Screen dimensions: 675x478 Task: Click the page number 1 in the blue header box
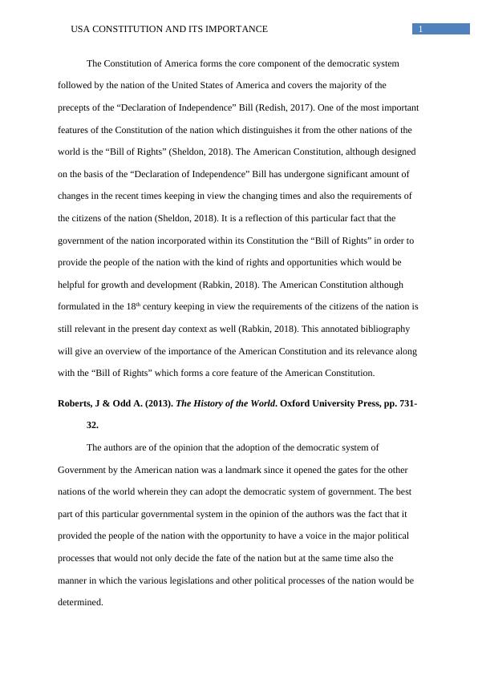419,30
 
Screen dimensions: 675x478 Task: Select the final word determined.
80,602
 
